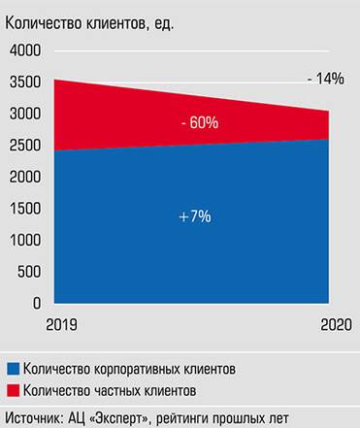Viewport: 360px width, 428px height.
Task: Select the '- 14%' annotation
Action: (x=324, y=79)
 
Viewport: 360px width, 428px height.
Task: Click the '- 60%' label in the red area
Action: (x=199, y=123)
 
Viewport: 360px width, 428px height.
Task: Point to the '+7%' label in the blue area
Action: (x=195, y=217)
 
